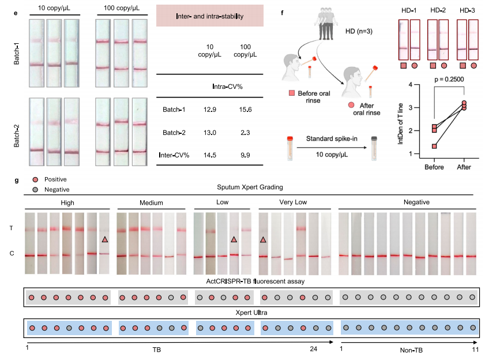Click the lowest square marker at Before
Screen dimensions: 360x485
click(435, 146)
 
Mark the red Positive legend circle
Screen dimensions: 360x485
click(36, 179)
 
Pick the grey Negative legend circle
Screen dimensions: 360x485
click(36, 189)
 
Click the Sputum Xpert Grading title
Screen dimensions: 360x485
click(249, 187)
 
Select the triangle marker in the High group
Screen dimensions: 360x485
click(104, 239)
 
